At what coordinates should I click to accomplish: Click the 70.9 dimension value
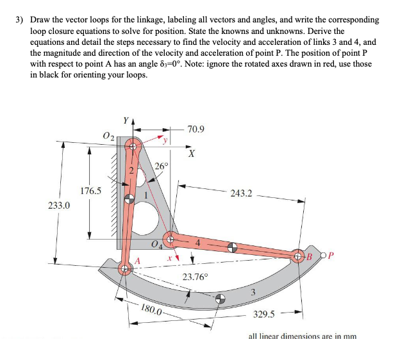197,129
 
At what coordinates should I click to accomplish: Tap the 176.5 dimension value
91,190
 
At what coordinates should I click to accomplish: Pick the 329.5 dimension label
264,314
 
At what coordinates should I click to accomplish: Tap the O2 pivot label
108,135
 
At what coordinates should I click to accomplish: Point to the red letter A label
136,260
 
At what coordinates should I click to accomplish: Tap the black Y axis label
126,119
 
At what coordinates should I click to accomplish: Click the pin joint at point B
299,257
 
